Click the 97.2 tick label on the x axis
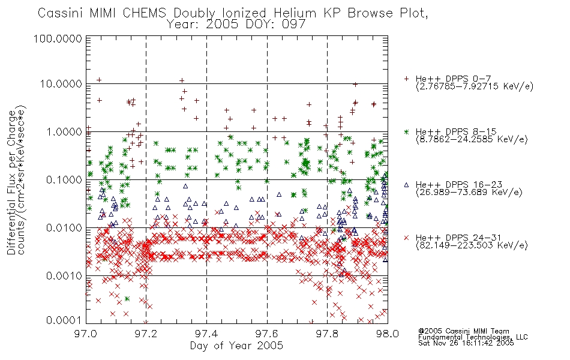(146, 334)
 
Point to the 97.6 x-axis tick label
(267, 334)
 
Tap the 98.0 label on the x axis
(388, 334)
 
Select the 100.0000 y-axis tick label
(58, 38)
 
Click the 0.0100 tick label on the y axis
(64, 228)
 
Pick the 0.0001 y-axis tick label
(64, 320)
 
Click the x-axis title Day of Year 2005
(236, 346)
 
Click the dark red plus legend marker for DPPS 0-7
(406, 79)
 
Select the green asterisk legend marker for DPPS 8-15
(406, 131)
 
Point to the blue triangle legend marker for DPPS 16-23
(406, 185)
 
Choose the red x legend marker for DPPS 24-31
(406, 238)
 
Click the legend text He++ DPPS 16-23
(459, 185)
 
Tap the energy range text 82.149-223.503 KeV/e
(472, 245)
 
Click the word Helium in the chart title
(295, 13)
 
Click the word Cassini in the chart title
(61, 13)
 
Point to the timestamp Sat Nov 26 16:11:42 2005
(466, 343)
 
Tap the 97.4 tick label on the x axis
(206, 334)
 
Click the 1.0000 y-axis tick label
(64, 131)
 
